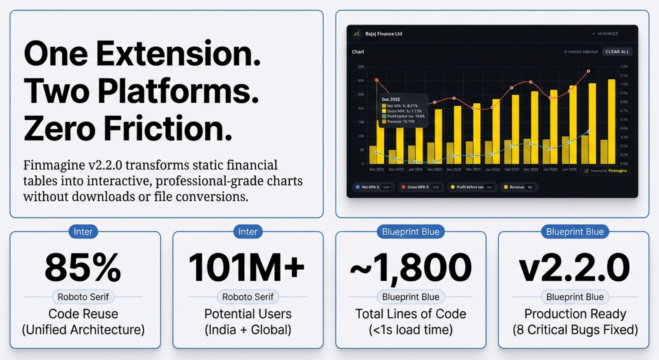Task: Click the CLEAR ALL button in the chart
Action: coord(617,52)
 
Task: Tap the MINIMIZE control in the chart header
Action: coord(605,34)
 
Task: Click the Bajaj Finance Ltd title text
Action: coord(384,34)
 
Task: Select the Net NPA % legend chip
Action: coord(373,187)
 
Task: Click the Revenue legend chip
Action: coord(519,187)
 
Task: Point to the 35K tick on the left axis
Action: coord(361,67)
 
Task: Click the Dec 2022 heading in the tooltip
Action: coord(391,99)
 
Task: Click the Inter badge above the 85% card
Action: coord(83,232)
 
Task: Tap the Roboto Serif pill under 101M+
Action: coord(248,297)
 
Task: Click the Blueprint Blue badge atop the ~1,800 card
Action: coord(411,232)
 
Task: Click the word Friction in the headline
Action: coord(168,129)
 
